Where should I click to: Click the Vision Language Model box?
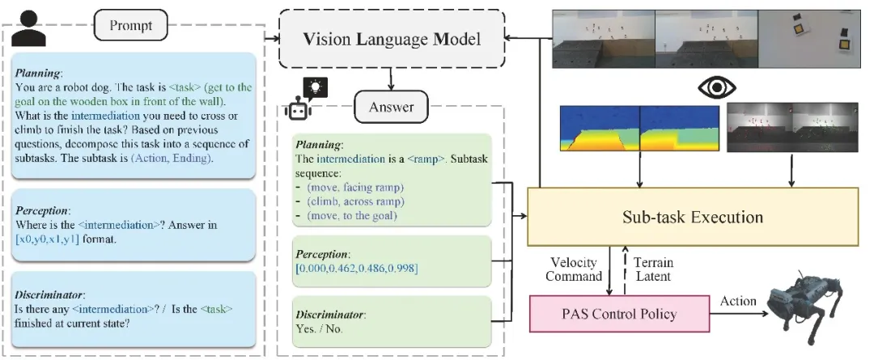tap(391, 38)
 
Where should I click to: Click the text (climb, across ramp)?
tap(357, 201)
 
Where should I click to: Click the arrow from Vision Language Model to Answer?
tap(392, 77)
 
